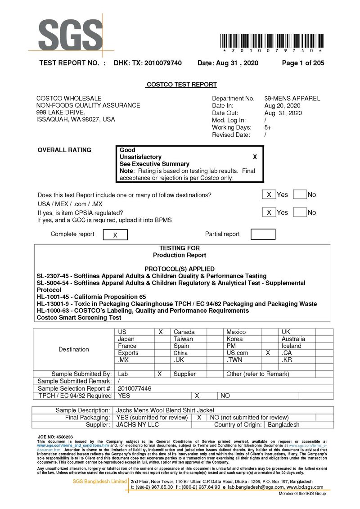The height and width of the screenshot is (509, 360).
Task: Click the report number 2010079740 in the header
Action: tap(163, 63)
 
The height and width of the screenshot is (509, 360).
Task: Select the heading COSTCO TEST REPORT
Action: tap(181, 85)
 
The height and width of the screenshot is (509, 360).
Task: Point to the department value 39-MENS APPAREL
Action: tap(292, 99)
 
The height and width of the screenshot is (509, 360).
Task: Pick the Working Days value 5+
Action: tap(268, 127)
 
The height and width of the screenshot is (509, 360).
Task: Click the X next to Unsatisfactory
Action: tap(255, 157)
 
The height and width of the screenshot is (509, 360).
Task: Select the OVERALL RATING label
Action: tap(64, 150)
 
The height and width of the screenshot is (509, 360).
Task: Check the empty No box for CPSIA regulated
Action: tap(300, 212)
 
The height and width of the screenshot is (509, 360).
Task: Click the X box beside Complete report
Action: tap(115, 235)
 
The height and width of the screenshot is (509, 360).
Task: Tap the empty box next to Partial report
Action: tap(263, 234)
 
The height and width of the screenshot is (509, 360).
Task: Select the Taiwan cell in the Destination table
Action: tap(183, 339)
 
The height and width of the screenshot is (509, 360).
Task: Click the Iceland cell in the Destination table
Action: tap(292, 346)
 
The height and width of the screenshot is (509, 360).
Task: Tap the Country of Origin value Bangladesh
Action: tap(283, 424)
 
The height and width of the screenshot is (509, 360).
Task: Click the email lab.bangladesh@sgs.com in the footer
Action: tap(256, 487)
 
